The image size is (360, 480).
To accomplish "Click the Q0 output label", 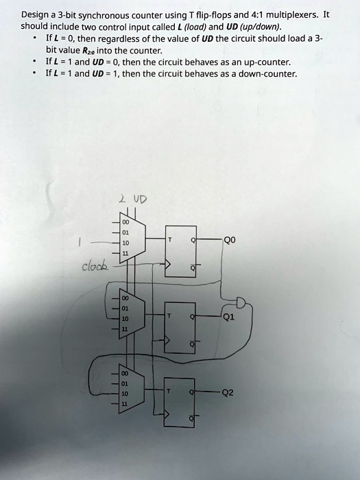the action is (x=230, y=240).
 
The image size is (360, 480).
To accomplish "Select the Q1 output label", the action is (x=228, y=317).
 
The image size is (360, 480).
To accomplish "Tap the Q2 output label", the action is (x=228, y=392).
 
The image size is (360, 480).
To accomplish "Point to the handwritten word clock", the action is (x=95, y=266).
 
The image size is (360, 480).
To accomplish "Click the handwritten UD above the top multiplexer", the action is (x=140, y=200).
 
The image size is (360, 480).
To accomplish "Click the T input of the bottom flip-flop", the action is (x=168, y=392).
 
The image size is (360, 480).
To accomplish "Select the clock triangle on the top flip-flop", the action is (x=168, y=263).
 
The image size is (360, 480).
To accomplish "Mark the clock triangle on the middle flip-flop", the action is (x=167, y=340).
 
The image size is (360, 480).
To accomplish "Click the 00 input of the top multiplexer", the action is (x=125, y=222).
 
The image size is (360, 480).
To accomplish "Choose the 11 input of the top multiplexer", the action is (x=125, y=254).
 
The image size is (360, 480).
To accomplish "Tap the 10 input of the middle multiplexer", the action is (x=125, y=319).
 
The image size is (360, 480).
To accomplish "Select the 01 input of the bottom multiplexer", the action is (x=125, y=383).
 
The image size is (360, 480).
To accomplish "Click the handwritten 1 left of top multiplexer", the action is (x=79, y=243).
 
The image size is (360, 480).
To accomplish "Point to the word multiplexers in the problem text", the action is (x=293, y=14).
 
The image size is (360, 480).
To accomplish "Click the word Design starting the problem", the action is (x=34, y=15).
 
